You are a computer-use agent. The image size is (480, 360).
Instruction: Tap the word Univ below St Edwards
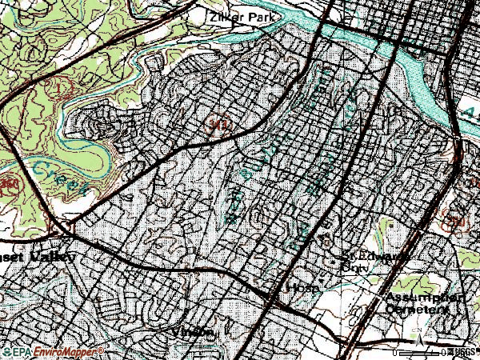pyautogui.click(x=352, y=270)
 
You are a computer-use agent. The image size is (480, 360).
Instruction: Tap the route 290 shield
pyautogui.click(x=455, y=220)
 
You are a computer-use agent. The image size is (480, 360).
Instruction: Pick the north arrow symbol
pyautogui.click(x=417, y=339)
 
